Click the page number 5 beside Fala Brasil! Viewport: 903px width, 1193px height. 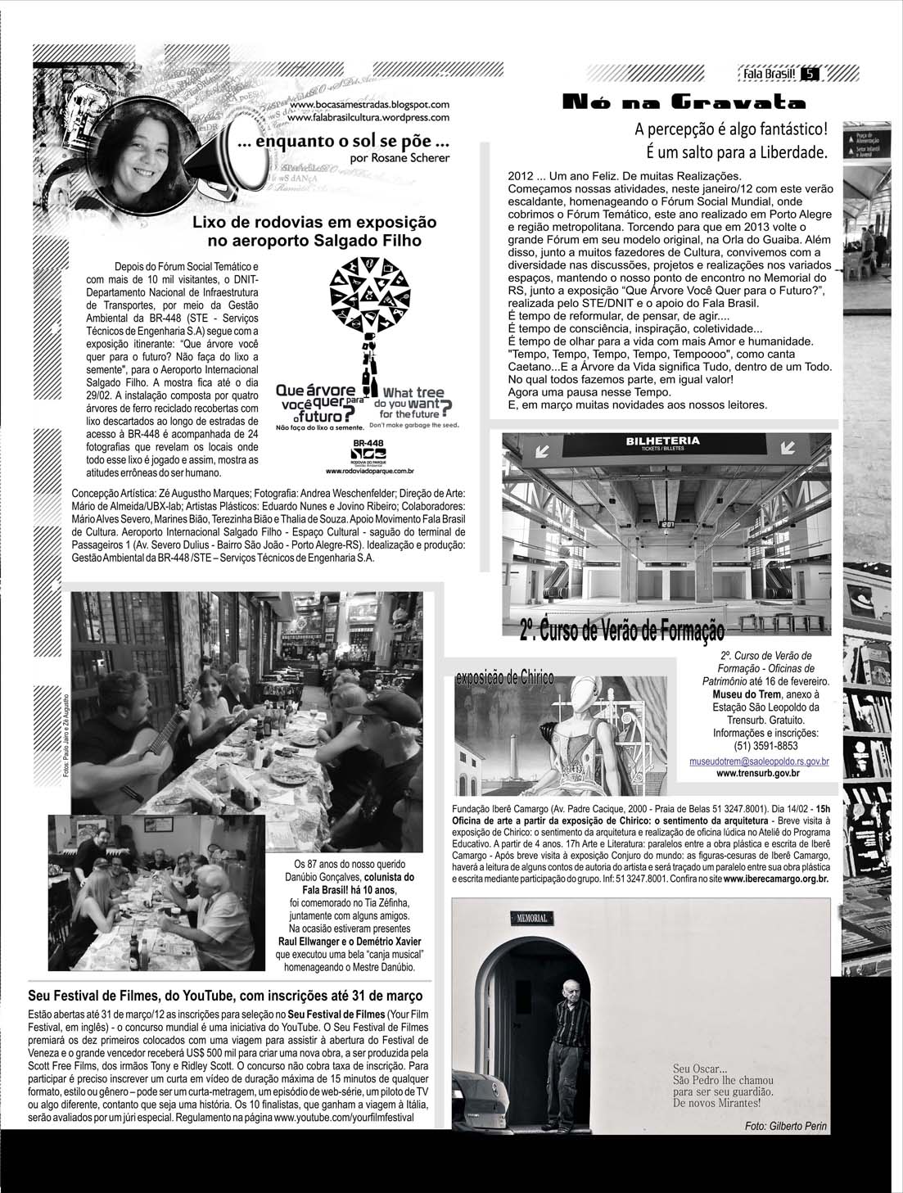tap(809, 75)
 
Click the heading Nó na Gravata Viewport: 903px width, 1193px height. tap(684, 102)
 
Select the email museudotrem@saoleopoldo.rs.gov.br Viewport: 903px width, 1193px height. tap(759, 761)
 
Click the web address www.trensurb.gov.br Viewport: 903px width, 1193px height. tap(758, 773)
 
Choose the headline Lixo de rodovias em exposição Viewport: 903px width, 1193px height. tap(314, 223)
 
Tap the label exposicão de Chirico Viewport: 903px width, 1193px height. tap(504, 678)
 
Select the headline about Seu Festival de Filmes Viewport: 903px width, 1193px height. tap(225, 996)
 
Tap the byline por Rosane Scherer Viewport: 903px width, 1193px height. tap(399, 158)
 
